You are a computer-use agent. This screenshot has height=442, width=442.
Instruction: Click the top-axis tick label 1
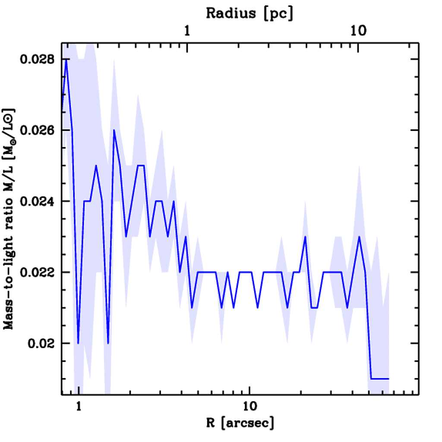(187, 32)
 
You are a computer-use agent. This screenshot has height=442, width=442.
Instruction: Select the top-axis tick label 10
(358, 32)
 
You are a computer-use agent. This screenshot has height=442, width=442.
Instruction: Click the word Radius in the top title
(230, 13)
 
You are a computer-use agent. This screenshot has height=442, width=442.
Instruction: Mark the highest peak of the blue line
(66, 60)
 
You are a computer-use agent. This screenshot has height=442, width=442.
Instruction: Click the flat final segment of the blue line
(380, 379)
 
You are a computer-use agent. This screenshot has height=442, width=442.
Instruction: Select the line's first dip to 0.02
(78, 343)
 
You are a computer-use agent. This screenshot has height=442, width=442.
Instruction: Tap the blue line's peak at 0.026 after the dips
(114, 130)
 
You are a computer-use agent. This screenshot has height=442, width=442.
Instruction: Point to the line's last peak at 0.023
(359, 237)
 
